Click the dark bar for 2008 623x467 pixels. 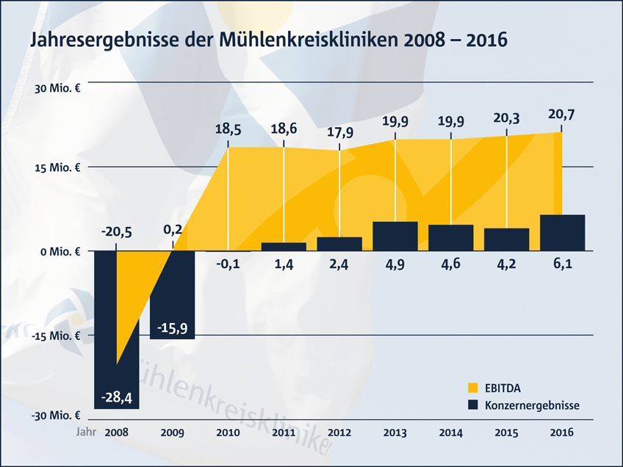tap(116, 329)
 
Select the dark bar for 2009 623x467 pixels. tap(172, 294)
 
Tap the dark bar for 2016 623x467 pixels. tap(562, 233)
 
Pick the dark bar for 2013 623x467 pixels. tap(395, 236)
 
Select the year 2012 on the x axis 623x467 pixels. tap(339, 433)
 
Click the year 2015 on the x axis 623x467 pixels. tap(507, 433)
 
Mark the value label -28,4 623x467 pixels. tap(116, 397)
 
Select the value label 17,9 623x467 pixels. tap(339, 132)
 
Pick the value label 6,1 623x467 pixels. tap(562, 264)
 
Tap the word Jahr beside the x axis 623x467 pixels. tap(86, 433)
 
